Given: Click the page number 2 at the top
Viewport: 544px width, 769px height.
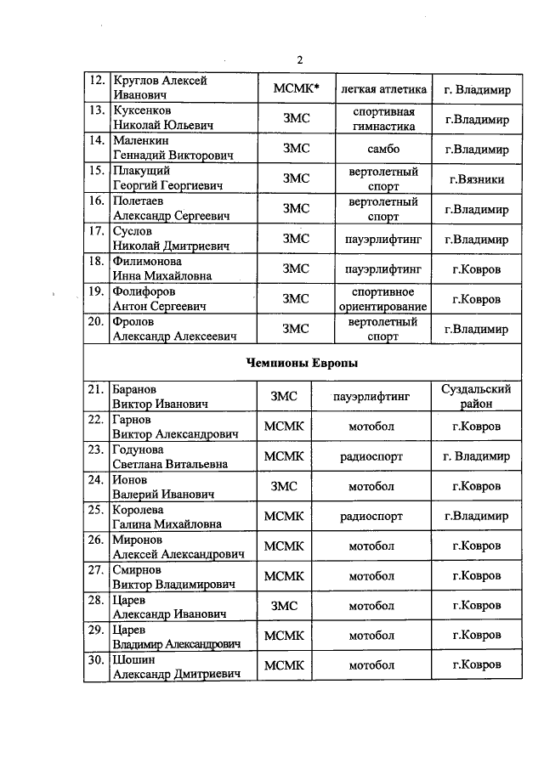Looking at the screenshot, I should pos(300,59).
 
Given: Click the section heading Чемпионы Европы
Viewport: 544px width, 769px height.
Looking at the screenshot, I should pos(301,364).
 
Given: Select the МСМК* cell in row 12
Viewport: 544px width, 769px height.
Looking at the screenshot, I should pos(296,88).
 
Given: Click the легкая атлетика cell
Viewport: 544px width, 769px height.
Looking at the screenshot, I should pos(382,88).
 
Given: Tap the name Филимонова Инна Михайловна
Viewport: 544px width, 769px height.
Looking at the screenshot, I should pos(162,269).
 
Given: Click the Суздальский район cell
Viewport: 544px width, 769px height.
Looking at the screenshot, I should pos(476,396).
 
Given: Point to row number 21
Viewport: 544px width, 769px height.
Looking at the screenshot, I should pos(97,389).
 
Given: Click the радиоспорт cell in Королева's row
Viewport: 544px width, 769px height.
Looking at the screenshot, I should pos(371,516).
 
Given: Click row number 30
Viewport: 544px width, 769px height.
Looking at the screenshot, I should pos(97,659).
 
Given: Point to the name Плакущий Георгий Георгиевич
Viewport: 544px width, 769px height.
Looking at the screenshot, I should pos(167,179).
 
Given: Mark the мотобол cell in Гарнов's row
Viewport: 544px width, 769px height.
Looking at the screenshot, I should pos(371,426).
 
